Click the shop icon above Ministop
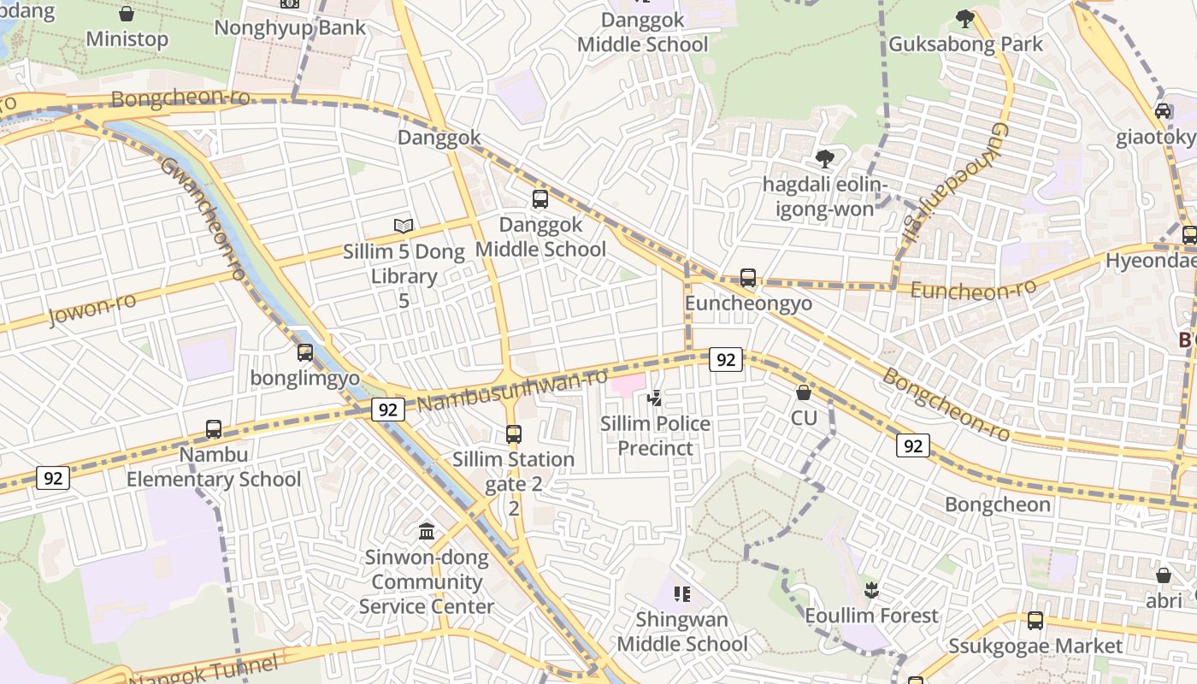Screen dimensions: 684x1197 click(x=127, y=14)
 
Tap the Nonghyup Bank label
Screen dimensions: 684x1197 click(x=290, y=27)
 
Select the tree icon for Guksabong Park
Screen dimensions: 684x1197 click(x=965, y=18)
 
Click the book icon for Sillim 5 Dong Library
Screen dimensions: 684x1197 click(x=404, y=226)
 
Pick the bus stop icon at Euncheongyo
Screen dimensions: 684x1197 click(x=748, y=278)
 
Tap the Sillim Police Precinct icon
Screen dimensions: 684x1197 click(x=654, y=398)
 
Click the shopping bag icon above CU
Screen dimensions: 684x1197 click(x=804, y=392)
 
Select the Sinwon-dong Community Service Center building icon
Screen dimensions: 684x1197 click(x=427, y=532)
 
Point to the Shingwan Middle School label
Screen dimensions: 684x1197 click(x=682, y=631)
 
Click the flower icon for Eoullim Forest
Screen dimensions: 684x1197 click(x=871, y=589)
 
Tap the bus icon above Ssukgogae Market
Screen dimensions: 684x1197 click(x=1035, y=621)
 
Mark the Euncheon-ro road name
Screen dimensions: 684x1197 click(x=973, y=290)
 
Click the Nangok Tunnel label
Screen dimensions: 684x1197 click(x=205, y=670)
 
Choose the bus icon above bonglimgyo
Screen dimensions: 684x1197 click(x=305, y=352)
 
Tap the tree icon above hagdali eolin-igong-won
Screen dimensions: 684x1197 click(x=825, y=158)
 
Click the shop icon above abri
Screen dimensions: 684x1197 click(x=1164, y=575)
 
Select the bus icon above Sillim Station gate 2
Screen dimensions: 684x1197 click(x=514, y=433)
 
